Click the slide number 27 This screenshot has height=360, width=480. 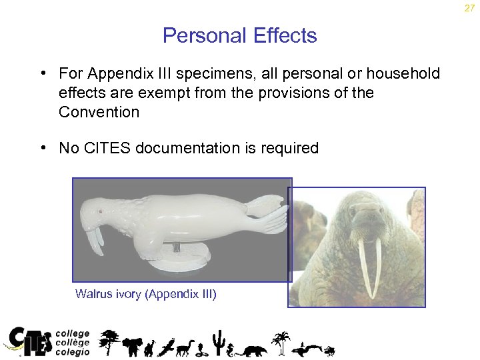(470, 8)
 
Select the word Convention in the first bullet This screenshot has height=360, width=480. (99, 111)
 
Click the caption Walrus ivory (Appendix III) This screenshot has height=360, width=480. (146, 293)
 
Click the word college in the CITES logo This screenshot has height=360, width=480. (73, 333)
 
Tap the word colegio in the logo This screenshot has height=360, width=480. (73, 351)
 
